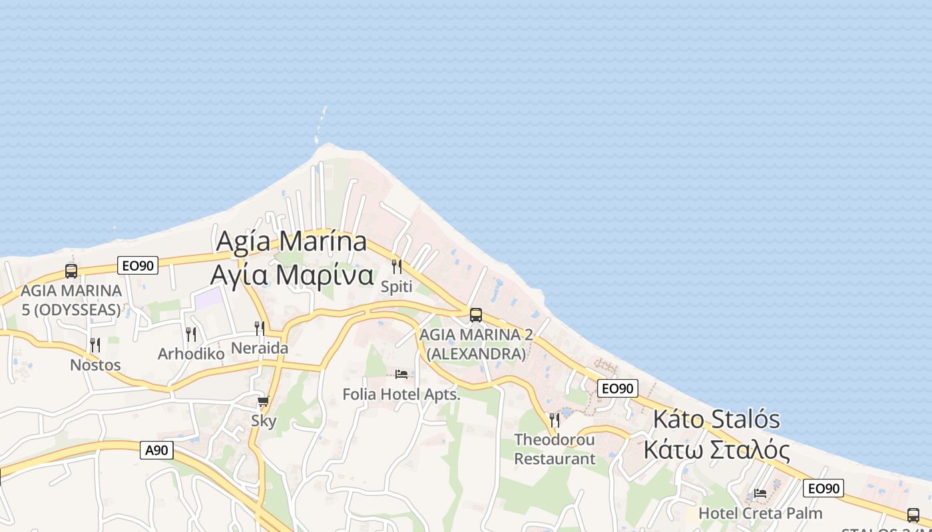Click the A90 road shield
click(157, 450)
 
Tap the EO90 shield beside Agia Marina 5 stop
click(138, 265)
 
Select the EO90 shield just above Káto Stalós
click(618, 388)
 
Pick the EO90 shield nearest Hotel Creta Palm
click(823, 488)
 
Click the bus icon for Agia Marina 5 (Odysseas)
click(71, 271)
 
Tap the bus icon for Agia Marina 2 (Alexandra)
click(475, 315)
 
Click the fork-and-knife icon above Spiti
click(397, 267)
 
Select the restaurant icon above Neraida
click(260, 328)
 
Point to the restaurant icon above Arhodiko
click(191, 334)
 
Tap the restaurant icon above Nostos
click(95, 344)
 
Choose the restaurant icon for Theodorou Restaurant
click(555, 420)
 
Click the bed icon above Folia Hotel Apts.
click(401, 374)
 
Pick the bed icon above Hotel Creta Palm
click(760, 493)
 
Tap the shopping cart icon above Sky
click(264, 401)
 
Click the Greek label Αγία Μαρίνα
click(292, 275)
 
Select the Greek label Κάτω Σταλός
click(716, 450)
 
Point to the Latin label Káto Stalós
click(716, 420)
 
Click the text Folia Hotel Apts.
click(401, 394)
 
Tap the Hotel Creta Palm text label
click(760, 513)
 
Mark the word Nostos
click(95, 365)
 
